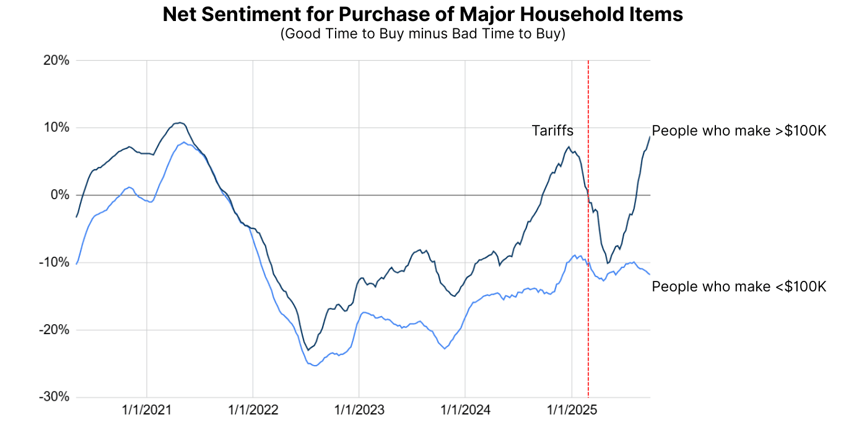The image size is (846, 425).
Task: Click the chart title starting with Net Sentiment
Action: pos(422,14)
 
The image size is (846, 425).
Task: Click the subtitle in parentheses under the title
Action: pos(422,33)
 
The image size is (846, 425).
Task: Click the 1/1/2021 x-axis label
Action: pos(147,410)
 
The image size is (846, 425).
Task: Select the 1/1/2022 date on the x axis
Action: pos(253,410)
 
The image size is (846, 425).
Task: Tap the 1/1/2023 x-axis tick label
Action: pos(359,410)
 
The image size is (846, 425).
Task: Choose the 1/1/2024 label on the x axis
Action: pos(465,410)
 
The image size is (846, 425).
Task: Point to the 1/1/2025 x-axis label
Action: pos(571,410)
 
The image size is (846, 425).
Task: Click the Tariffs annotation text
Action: pos(552,131)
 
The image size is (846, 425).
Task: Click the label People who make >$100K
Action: pos(739,131)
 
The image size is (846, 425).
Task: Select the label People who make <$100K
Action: pos(739,286)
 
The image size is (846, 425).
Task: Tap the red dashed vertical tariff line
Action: pos(588,309)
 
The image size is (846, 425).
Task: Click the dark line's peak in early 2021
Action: pos(179,122)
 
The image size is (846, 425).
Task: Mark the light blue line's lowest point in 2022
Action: pos(315,366)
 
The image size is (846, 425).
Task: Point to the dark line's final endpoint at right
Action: pos(650,137)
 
